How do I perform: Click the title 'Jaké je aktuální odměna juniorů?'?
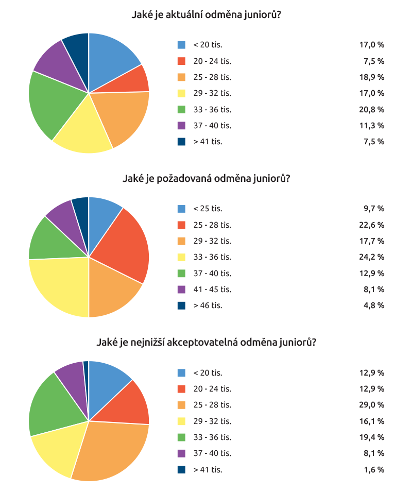[206, 15]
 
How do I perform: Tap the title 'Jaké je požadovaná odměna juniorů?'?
[206, 179]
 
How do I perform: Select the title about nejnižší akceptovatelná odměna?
[206, 343]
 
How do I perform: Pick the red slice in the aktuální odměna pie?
[131, 80]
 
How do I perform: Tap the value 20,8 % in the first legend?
[371, 109]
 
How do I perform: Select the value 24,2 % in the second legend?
[371, 257]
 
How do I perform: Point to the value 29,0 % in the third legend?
[371, 405]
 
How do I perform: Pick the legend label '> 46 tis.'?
[208, 306]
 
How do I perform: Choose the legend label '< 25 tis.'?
[208, 209]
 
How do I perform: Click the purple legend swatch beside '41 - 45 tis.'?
[181, 290]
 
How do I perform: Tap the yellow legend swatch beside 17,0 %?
[181, 93]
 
